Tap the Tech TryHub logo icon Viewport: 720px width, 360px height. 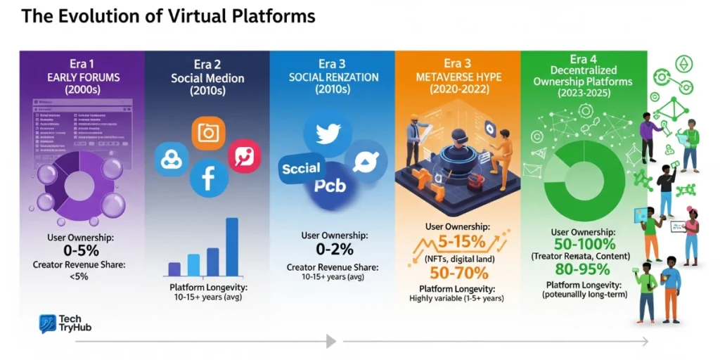click(48, 323)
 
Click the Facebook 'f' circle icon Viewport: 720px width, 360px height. click(209, 179)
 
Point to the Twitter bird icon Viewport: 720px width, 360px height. click(328, 133)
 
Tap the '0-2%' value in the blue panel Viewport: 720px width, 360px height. click(333, 249)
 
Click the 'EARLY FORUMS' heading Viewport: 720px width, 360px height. click(83, 77)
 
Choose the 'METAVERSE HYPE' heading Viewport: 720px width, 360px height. click(458, 77)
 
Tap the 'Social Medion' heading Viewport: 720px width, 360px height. click(207, 78)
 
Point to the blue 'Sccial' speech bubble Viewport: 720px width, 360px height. click(302, 169)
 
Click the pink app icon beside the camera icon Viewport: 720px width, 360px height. click(244, 156)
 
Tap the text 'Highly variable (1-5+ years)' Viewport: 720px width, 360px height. click(456, 299)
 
